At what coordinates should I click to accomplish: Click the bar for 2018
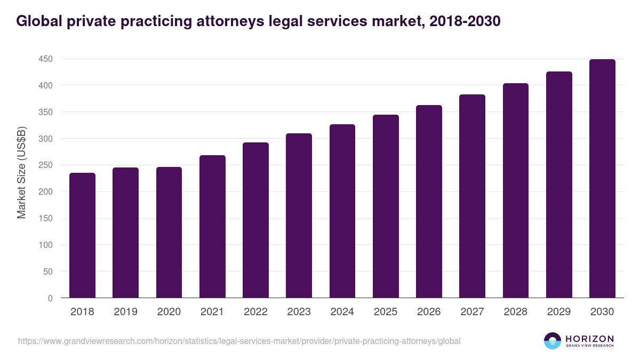click(82, 235)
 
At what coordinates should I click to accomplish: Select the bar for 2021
click(212, 227)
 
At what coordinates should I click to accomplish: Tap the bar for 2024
click(342, 211)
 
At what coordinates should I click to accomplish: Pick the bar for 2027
click(473, 196)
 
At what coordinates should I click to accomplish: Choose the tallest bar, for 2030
click(602, 179)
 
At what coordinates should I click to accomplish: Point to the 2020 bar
click(169, 233)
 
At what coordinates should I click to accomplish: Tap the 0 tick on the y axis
click(50, 298)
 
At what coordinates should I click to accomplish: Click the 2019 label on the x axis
click(125, 312)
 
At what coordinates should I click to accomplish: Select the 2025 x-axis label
click(386, 312)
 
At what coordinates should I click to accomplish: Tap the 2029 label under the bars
click(559, 312)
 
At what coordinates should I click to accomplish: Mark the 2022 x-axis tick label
click(255, 312)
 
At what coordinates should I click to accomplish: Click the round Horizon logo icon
click(553, 341)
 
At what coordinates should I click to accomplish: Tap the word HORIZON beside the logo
click(589, 339)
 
